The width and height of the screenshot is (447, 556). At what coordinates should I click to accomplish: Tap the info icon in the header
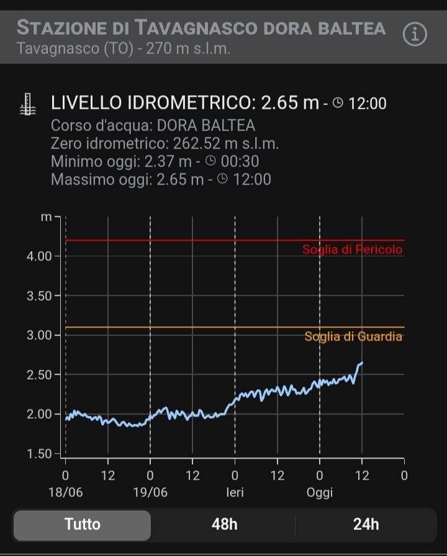click(415, 35)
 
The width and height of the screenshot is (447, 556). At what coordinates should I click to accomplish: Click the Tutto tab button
click(82, 524)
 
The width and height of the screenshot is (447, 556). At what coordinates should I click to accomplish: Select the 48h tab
click(224, 524)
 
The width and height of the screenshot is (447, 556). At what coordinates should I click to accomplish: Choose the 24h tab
click(366, 524)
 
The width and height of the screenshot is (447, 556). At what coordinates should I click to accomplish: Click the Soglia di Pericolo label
click(352, 250)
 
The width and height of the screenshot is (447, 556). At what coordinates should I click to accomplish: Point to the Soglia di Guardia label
click(353, 337)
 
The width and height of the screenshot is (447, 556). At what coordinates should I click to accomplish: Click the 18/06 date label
click(66, 493)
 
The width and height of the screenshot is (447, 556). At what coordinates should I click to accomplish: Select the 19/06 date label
click(150, 493)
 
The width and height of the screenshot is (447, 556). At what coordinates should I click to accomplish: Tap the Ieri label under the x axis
click(235, 493)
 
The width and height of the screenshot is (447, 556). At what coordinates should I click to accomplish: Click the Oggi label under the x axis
click(319, 493)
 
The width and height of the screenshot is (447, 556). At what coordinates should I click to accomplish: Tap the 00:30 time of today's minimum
click(239, 162)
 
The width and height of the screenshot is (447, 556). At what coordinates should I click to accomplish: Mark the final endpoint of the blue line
click(362, 363)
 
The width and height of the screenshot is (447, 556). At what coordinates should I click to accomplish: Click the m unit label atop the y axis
click(46, 217)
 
